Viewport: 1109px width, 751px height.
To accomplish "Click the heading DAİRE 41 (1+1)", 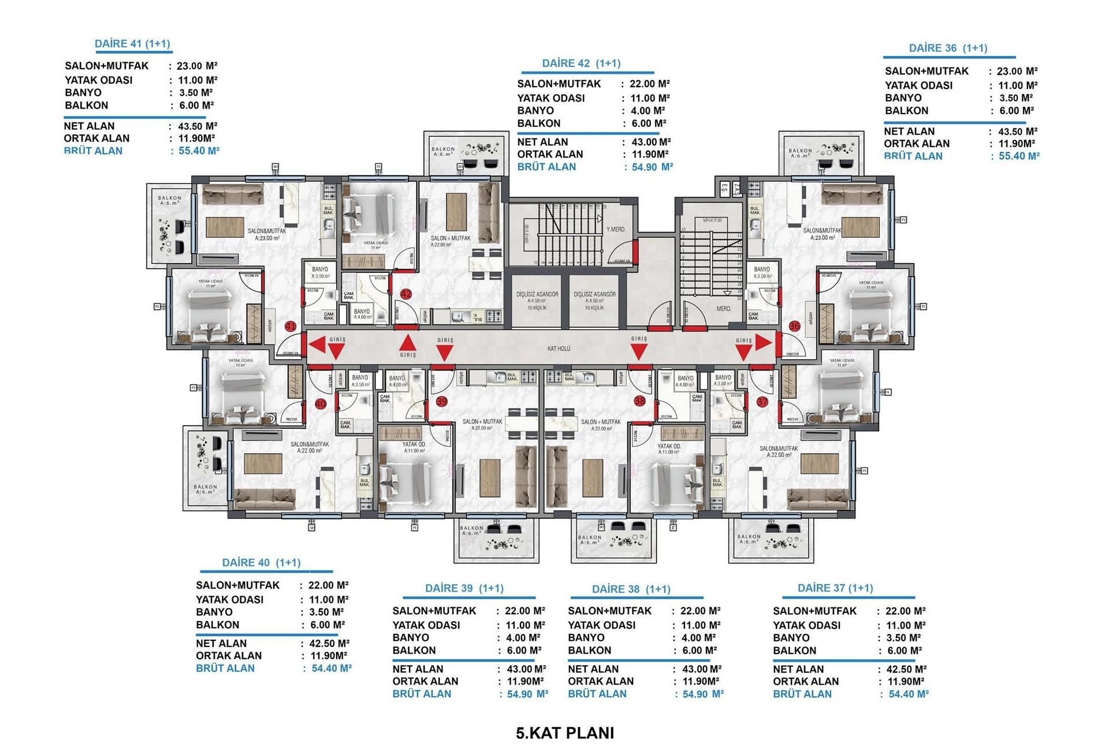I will [132, 44].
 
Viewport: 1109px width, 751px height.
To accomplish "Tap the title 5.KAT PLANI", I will [565, 733].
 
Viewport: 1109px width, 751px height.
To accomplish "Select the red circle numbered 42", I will [406, 294].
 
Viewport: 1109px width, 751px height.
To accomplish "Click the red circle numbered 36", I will [795, 326].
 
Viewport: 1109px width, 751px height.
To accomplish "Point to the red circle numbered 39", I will [442, 402].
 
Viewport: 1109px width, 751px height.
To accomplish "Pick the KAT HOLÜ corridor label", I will [559, 349].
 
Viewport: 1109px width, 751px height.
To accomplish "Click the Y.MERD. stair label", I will [616, 230].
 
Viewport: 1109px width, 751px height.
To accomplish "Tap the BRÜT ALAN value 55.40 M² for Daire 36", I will [1015, 156].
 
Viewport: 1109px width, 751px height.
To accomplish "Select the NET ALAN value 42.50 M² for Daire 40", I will [326, 643].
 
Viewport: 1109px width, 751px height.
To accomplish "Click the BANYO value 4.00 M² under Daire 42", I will [647, 111].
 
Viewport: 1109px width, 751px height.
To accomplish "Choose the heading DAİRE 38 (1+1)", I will [631, 589].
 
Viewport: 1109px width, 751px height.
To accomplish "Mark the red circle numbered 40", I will [321, 404].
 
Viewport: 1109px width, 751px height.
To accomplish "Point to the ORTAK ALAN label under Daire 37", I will [806, 681].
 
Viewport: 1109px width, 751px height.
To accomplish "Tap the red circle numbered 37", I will [762, 402].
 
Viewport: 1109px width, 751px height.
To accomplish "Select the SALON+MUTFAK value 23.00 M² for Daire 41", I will [196, 66].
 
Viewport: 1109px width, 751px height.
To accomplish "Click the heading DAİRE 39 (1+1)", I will [464, 588].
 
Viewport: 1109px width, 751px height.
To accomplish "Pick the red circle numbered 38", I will [639, 401].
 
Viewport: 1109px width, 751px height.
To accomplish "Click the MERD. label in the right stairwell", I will [724, 309].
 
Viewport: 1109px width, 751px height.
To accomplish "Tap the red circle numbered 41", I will [291, 327].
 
